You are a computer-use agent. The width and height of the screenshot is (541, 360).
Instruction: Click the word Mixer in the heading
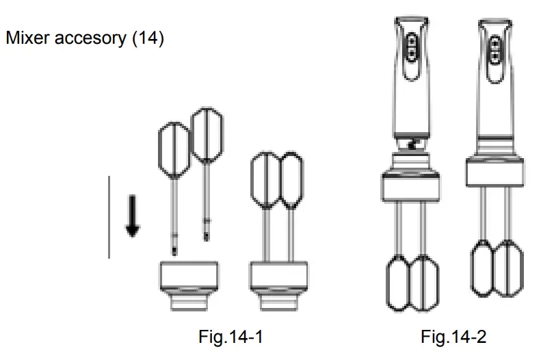[x=25, y=39]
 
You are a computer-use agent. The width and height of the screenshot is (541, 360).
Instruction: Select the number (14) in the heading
[x=147, y=39]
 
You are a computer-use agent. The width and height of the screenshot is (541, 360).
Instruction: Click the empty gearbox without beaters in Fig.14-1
[x=188, y=284]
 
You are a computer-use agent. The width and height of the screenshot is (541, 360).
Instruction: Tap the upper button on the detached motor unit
[x=412, y=40]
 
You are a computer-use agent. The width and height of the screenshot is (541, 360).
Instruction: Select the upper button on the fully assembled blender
[x=496, y=40]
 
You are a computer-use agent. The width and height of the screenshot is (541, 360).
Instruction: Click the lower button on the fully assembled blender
[x=496, y=52]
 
